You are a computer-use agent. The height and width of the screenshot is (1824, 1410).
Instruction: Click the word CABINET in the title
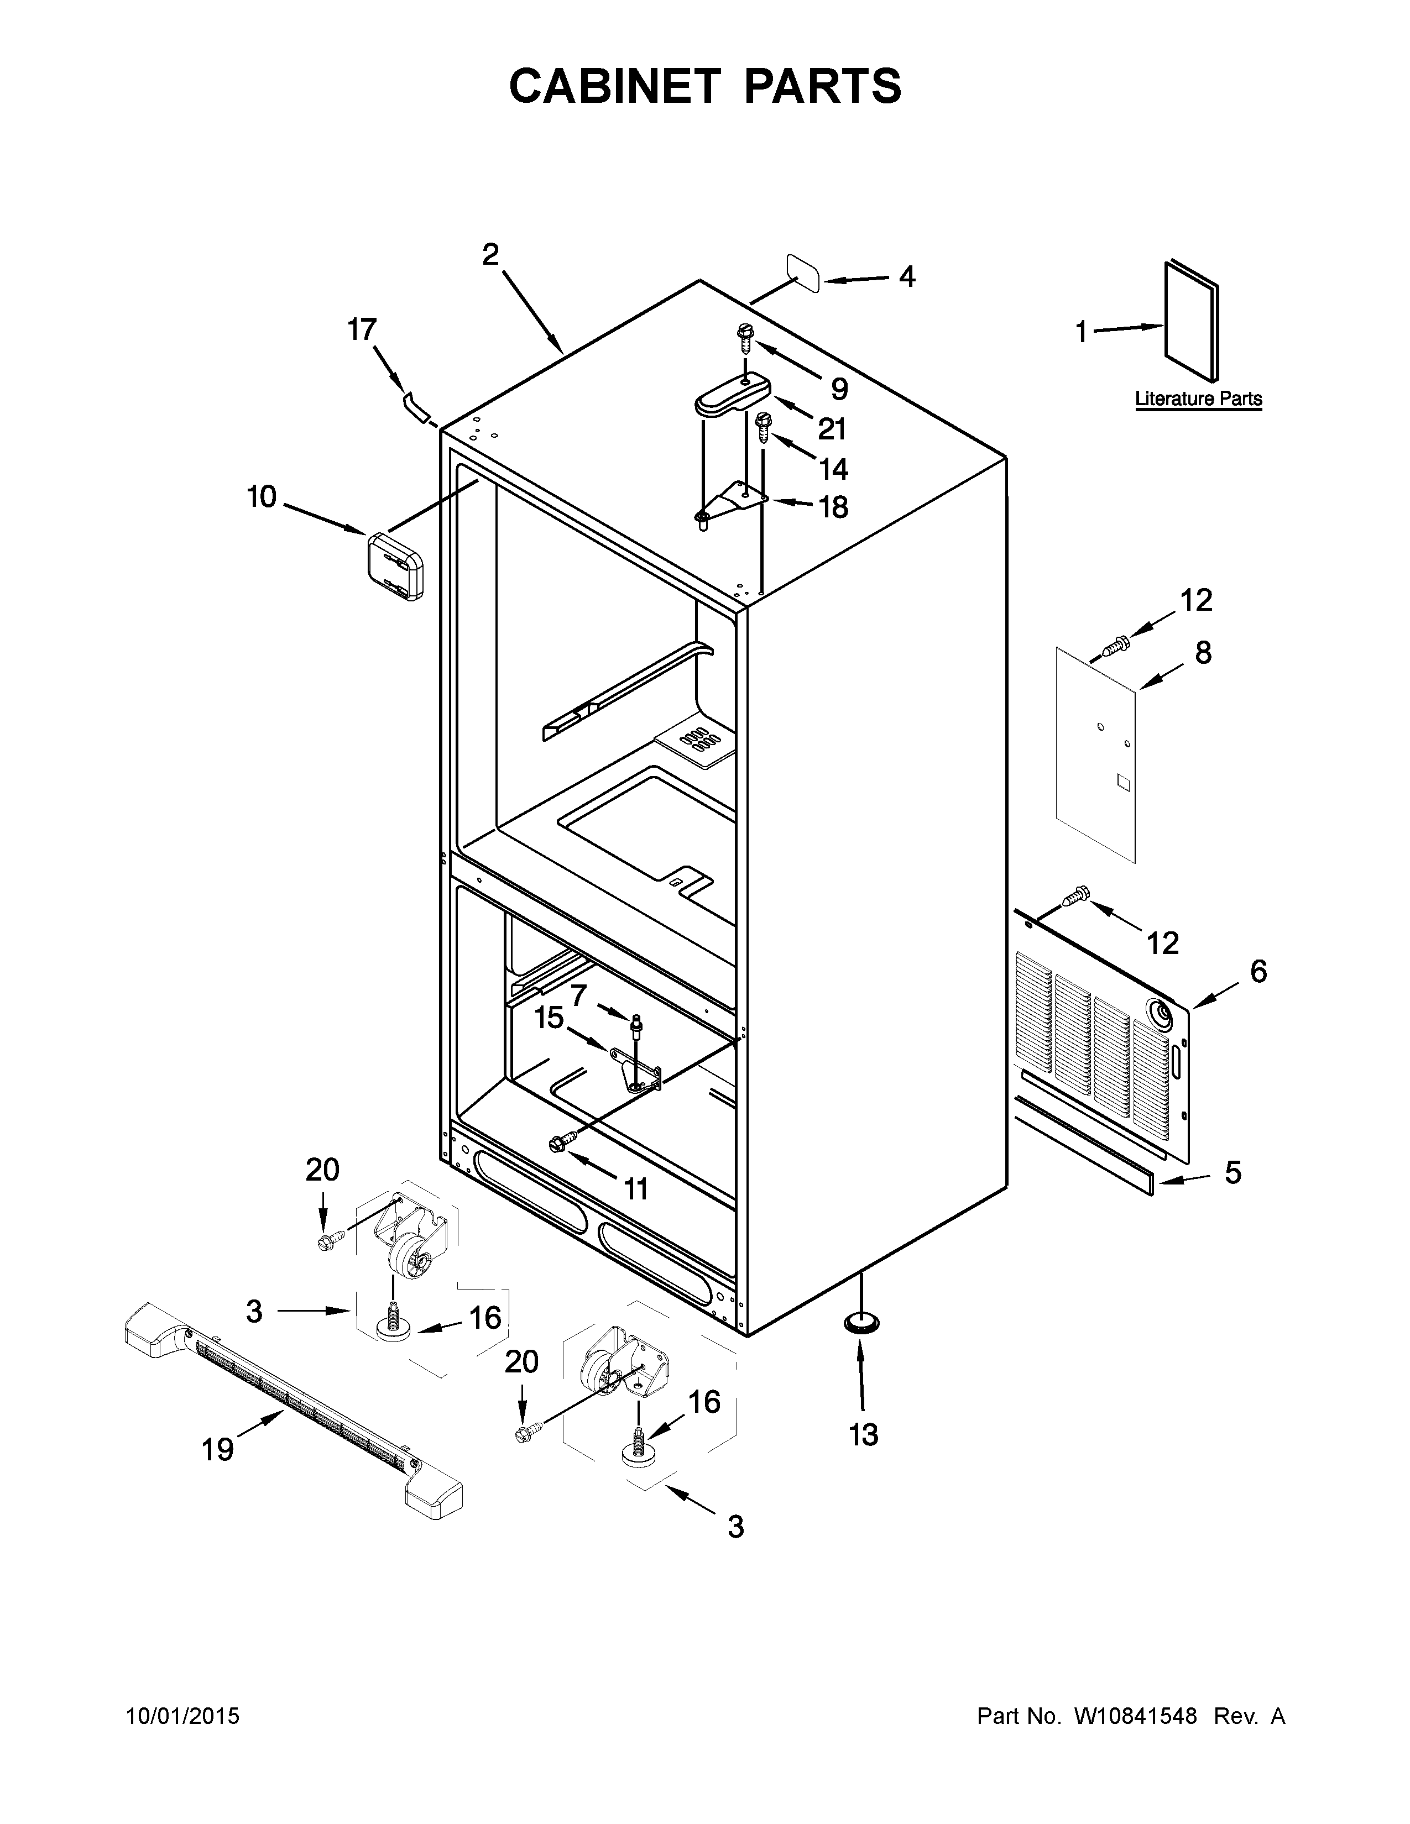point(614,86)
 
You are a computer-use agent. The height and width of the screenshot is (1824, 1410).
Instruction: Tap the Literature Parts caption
point(1198,399)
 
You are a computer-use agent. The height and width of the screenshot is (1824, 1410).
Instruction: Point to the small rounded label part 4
point(802,273)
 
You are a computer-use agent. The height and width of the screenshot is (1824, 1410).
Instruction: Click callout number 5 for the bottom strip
point(1233,1172)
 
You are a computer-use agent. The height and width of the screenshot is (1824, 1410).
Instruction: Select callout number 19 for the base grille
point(217,1450)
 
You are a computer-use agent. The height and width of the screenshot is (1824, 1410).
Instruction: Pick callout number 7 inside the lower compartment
point(579,995)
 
